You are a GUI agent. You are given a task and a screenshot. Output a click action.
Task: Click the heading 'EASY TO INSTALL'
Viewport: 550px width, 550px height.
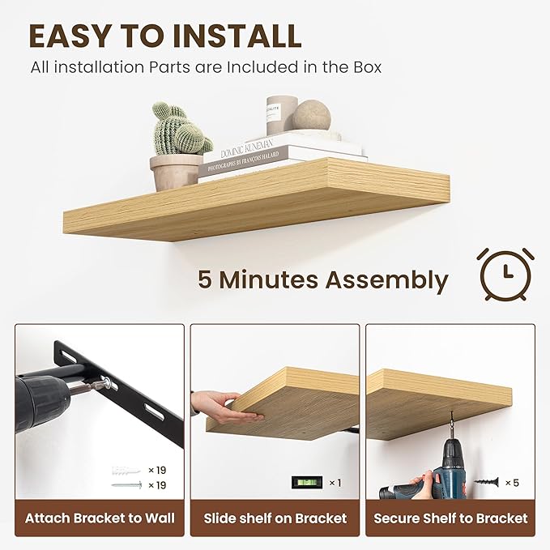[165, 36]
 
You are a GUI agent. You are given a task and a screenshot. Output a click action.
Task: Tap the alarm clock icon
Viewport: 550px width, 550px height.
[505, 275]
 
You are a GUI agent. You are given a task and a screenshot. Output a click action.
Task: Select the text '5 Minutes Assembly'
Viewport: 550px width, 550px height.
[322, 280]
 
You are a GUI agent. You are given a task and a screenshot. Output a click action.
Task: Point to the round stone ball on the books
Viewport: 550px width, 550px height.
[312, 115]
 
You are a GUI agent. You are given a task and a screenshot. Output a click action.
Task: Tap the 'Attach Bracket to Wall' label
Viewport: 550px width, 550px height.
[100, 518]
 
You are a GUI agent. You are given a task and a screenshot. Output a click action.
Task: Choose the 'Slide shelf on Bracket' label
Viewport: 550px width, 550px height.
[275, 518]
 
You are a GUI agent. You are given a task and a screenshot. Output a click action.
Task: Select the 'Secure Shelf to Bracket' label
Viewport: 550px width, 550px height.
[450, 518]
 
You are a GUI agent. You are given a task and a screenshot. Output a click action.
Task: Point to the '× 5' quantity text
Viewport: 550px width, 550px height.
[512, 483]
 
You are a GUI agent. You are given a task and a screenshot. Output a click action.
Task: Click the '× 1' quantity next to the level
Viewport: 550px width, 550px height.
[335, 483]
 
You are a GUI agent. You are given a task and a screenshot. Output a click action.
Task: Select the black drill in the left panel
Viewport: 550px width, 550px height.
[49, 399]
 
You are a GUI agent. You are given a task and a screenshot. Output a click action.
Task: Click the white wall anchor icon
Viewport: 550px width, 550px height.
[127, 470]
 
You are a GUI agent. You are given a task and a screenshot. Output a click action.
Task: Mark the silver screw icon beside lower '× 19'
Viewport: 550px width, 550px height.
[127, 485]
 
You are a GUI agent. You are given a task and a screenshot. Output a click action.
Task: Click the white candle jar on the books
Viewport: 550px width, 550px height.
[282, 114]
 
